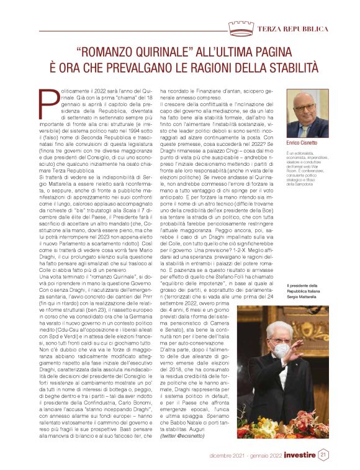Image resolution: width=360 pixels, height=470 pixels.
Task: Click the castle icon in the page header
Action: (240, 27)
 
